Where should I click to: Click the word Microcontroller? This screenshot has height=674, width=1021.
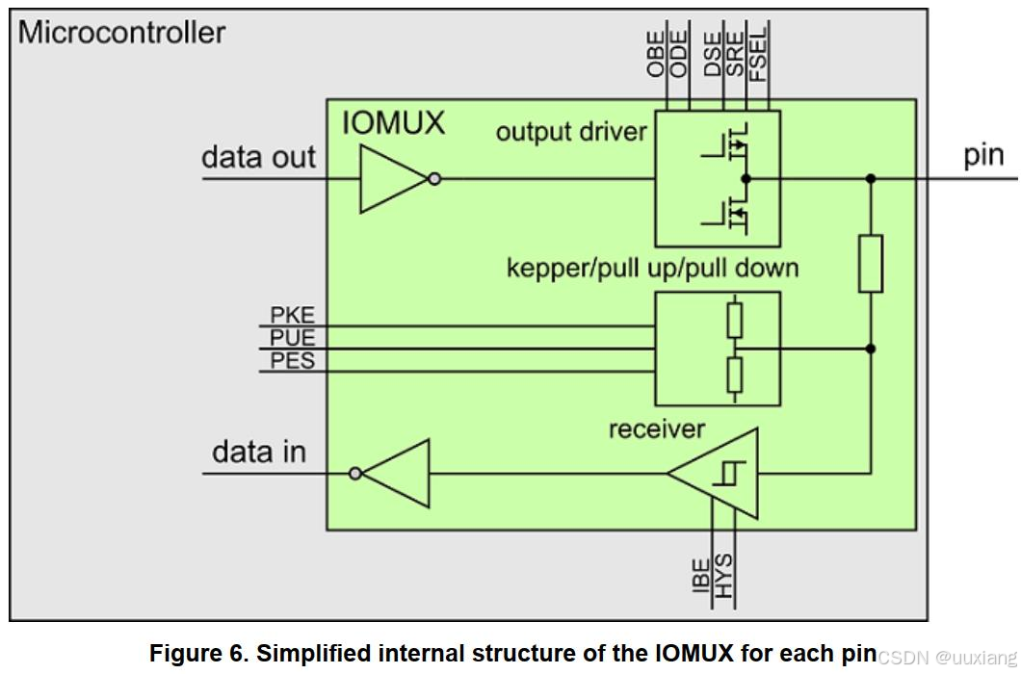coord(121,33)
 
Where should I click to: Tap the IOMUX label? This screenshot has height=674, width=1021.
coord(393,122)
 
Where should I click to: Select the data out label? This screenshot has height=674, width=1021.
coord(258,157)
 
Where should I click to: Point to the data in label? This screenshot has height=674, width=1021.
coord(258,452)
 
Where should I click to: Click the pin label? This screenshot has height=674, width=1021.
coord(983,156)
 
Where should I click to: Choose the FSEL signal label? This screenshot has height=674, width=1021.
coord(759,54)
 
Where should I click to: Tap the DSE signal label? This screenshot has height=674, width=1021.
coord(713,54)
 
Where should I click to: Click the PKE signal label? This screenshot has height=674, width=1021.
coord(293,315)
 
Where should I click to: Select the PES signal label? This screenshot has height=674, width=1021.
coord(293,360)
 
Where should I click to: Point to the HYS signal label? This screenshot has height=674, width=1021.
coord(723,576)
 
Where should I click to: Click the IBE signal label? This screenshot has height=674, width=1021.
coord(701,576)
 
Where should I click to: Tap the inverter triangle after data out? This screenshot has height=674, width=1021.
coord(394,178)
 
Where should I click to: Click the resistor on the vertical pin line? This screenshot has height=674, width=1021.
coord(871,263)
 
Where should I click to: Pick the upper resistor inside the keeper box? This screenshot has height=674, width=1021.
coord(735,320)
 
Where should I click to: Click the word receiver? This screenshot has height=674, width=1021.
coord(656,428)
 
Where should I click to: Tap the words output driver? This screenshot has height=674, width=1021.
coord(571,132)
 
